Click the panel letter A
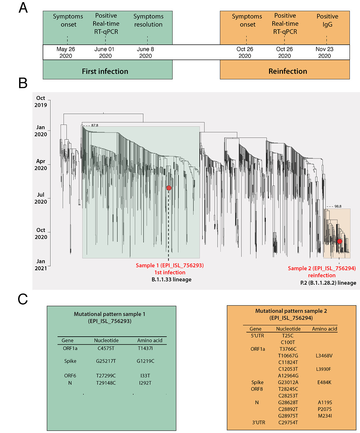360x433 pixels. (23, 8)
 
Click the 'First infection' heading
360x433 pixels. (105, 71)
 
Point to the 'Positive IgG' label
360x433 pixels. (327, 20)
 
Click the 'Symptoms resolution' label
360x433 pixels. (148, 21)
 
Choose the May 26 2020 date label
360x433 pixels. (65, 52)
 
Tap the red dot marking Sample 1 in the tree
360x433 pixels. (169, 188)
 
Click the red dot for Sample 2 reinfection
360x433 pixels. (339, 241)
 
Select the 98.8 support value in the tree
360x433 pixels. (338, 206)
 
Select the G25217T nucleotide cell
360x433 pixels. (106, 360)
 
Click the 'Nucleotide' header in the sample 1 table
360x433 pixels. (106, 340)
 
